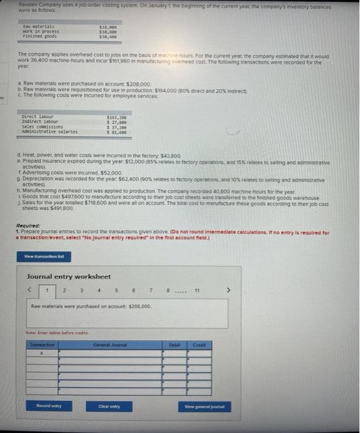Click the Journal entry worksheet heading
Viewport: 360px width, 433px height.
[69, 275]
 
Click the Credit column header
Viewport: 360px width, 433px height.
[200, 343]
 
